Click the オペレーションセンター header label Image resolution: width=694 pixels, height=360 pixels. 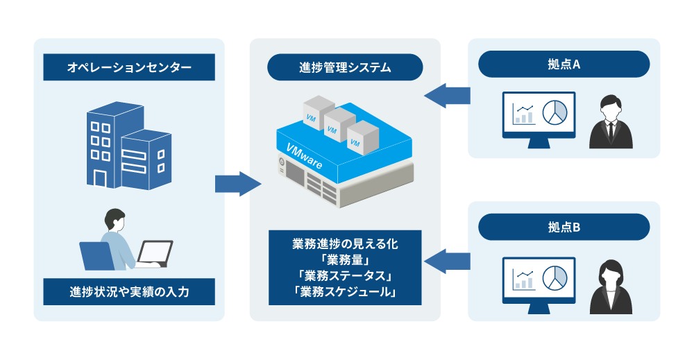click(x=129, y=68)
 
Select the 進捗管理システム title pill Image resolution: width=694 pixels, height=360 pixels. click(x=345, y=68)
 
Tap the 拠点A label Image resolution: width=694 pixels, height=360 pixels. click(x=564, y=65)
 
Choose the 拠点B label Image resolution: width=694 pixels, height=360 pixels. click(x=564, y=228)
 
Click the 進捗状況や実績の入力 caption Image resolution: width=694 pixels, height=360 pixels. click(x=129, y=292)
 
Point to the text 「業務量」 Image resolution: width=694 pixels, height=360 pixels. click(x=345, y=259)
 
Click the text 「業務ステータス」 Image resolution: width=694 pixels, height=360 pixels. click(x=345, y=275)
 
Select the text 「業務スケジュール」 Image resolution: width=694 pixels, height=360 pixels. click(x=345, y=291)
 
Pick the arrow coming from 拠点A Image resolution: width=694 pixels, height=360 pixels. click(x=446, y=95)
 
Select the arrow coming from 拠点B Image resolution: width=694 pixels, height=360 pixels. click(x=446, y=261)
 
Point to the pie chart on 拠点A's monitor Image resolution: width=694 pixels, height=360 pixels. click(x=554, y=112)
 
